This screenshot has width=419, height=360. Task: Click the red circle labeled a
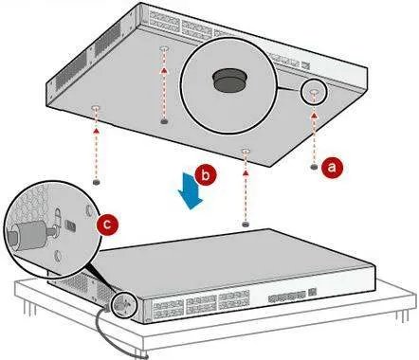pyautogui.click(x=332, y=168)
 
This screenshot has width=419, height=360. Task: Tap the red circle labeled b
pyautogui.click(x=206, y=175)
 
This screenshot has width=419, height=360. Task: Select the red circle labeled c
pyautogui.click(x=107, y=225)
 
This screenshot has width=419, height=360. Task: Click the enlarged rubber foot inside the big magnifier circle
pyautogui.click(x=229, y=81)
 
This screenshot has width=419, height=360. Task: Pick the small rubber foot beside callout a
pyautogui.click(x=314, y=167)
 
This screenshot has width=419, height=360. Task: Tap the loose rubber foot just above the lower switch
pyautogui.click(x=246, y=224)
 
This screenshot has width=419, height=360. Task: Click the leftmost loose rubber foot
pyautogui.click(x=97, y=182)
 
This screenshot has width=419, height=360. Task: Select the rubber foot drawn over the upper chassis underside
pyautogui.click(x=164, y=121)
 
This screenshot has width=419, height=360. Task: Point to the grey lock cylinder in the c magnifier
pyautogui.click(x=29, y=235)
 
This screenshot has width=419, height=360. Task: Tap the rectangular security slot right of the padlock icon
pyautogui.click(x=70, y=225)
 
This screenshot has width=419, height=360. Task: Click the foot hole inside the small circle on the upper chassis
pyautogui.click(x=314, y=92)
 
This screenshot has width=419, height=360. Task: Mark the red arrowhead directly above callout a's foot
pyautogui.click(x=314, y=116)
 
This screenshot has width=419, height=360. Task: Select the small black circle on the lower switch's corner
pyautogui.click(x=123, y=304)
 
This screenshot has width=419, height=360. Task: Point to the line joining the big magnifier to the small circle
pyautogui.click(x=289, y=89)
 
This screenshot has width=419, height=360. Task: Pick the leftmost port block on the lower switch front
pyautogui.click(x=168, y=308)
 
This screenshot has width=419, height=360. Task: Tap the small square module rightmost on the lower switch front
pyautogui.click(x=312, y=292)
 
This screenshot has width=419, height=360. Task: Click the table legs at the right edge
pyautogui.click(x=402, y=315)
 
